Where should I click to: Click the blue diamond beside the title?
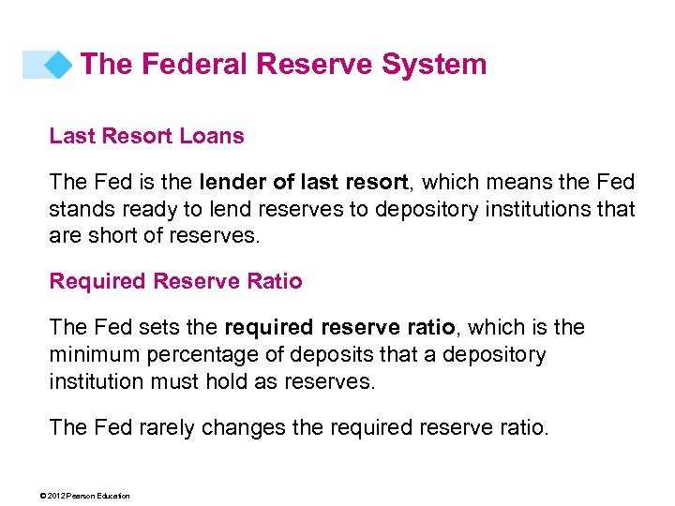pos(59,65)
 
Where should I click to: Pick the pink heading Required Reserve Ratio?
pos(175,281)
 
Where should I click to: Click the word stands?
pos(79,209)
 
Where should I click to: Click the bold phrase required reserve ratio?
pos(339,328)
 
